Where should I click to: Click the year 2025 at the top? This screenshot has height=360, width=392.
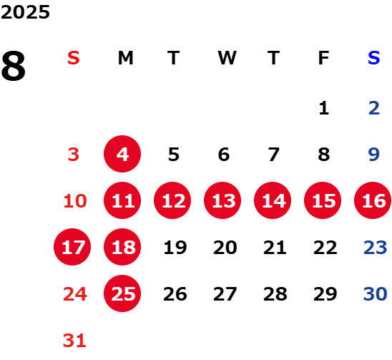25,12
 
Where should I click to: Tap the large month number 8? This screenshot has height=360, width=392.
14,66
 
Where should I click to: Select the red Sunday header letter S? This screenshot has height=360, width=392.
74,58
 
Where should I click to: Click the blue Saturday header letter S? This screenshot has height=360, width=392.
373,58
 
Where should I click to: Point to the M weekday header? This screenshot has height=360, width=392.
125,58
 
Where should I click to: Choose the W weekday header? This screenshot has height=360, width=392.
227,58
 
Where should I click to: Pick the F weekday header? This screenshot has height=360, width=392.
323,58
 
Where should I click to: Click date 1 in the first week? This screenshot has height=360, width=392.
324,108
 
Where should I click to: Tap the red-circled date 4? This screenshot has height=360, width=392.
122,154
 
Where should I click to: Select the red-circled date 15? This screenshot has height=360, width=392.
323,200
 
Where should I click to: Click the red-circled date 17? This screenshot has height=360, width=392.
72,247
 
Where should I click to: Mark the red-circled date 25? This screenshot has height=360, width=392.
122,293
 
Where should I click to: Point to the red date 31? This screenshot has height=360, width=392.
74,341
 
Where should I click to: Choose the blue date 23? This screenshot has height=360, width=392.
375,248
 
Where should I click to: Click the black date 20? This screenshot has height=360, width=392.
225,248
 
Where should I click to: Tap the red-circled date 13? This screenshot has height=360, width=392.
222,200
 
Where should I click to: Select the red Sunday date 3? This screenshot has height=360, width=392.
74,155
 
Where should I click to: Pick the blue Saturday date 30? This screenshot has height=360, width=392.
375,294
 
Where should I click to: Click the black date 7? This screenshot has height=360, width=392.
274,155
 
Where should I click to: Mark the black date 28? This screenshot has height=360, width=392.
275,294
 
